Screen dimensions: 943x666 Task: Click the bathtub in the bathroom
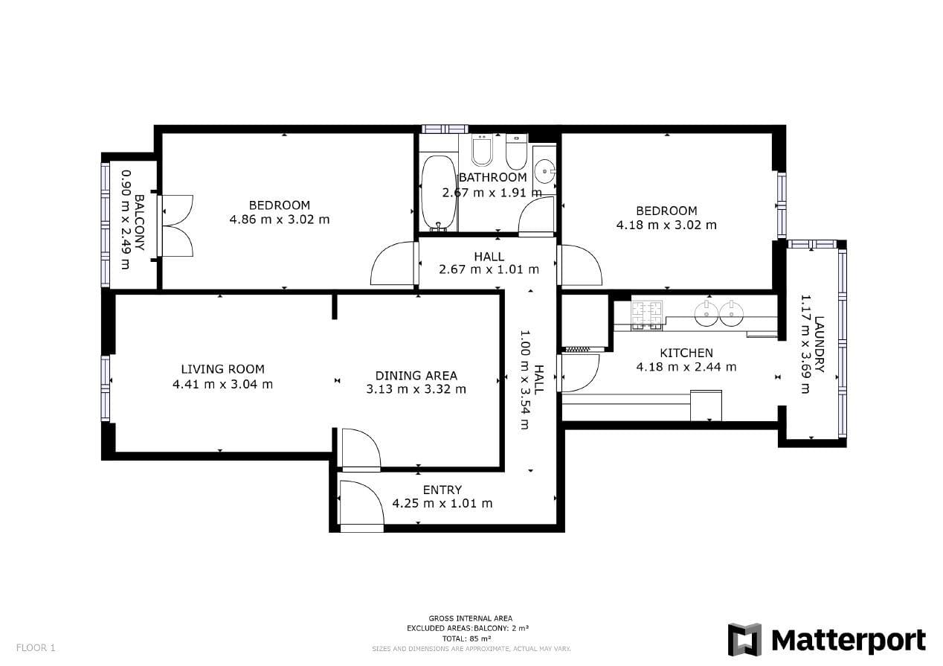pos(438,193)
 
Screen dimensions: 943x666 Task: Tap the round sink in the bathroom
pos(544,171)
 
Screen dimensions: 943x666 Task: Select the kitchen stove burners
pos(646,315)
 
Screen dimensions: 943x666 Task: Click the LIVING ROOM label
pos(222,369)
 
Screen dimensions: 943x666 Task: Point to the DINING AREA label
pos(416,375)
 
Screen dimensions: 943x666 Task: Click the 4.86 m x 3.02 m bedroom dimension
pos(280,220)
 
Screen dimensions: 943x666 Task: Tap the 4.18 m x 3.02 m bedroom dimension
pos(666,225)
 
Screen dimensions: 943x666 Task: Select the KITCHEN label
pos(686,353)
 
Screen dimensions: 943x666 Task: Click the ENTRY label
pos(442,490)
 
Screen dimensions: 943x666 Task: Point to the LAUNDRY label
pos(820,345)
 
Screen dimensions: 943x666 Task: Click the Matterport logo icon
pos(744,639)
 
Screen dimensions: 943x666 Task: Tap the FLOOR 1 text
pos(36,647)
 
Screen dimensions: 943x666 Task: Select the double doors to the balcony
pos(176,225)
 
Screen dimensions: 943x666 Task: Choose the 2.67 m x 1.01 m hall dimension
pos(489,269)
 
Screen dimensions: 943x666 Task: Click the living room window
pos(106,388)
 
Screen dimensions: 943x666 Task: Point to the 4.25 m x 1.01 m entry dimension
pos(442,503)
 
